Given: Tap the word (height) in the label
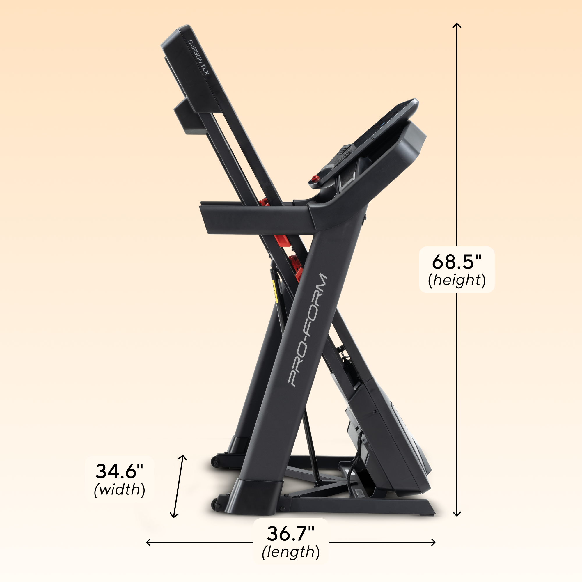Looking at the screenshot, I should tap(457, 280).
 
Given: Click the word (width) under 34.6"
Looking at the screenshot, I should tap(120, 489).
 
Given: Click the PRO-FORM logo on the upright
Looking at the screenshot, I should tap(307, 330).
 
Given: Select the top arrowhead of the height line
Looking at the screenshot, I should tap(457, 25).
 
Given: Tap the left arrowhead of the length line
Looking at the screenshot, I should tap(148, 542).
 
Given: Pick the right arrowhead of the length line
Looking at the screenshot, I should tap(434, 542).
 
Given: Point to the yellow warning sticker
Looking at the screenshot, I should tap(274, 291).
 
